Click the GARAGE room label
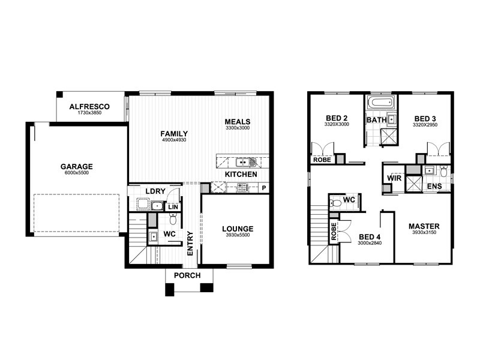[77, 167]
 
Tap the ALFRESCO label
[89, 107]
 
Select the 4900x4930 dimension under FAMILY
[174, 140]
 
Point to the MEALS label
[238, 122]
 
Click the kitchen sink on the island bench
[246, 161]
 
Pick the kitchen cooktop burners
[244, 187]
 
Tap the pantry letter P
[264, 188]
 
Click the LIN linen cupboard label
[173, 207]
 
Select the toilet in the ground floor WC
[173, 218]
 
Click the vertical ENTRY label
[190, 244]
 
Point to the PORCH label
[187, 275]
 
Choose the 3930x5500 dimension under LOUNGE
[238, 235]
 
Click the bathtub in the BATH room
[380, 102]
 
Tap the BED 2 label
[337, 118]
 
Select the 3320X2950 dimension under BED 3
[425, 125]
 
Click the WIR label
[394, 178]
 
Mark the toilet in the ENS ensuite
[443, 171]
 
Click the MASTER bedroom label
[424, 226]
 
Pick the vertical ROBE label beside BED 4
[334, 232]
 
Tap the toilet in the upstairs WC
[335, 203]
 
